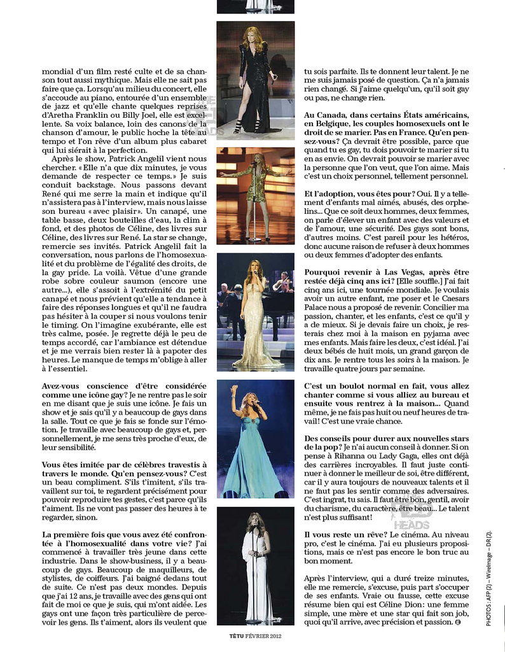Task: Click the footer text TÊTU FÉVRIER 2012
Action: pos(255,635)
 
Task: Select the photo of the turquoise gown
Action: pos(255,439)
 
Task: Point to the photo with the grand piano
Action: pos(255,312)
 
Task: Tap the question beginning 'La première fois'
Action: pos(124,535)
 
